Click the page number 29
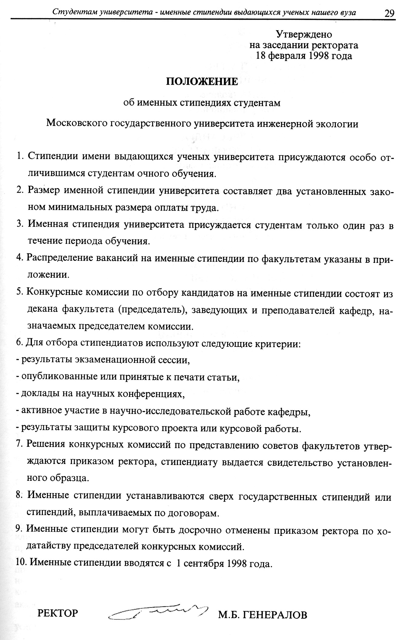(389, 13)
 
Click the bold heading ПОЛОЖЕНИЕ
(202, 82)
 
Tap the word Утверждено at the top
(303, 34)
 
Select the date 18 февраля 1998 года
(304, 56)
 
